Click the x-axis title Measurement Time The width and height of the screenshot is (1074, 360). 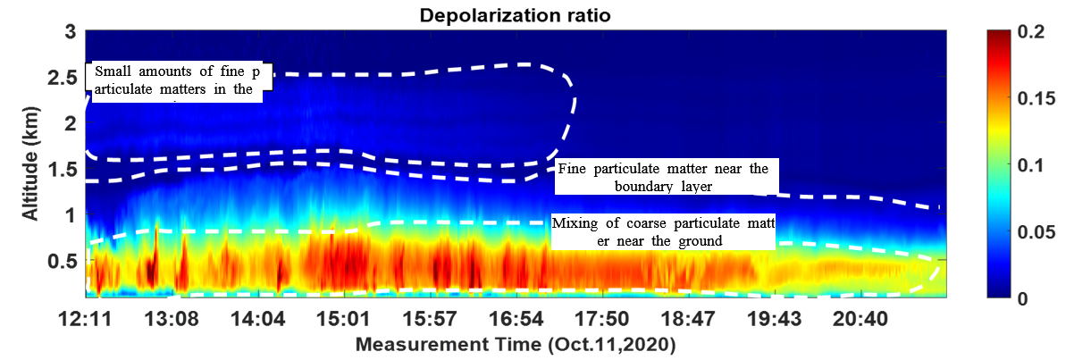tap(516, 345)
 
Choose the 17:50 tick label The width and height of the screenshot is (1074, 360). tap(600, 319)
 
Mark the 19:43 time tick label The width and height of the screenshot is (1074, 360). tap(773, 319)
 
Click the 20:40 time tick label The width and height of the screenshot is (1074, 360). tap(859, 319)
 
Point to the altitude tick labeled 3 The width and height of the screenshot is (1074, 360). tap(67, 31)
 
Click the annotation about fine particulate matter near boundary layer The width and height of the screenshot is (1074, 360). tap(661, 178)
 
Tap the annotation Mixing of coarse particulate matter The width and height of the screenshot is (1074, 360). tap(661, 231)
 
